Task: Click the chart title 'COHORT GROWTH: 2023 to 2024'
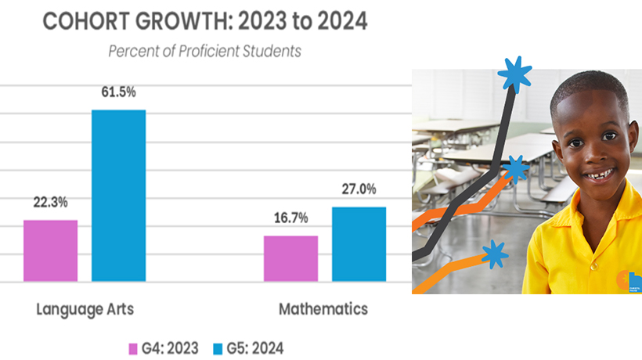point(204,21)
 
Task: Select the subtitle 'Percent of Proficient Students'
point(204,52)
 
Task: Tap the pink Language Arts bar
point(50,250)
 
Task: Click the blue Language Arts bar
point(118,196)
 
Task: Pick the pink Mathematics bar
point(290,258)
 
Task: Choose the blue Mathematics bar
point(359,244)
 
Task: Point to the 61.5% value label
point(118,92)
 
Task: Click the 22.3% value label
point(50,202)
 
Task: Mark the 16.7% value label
point(290,218)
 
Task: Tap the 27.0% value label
point(359,189)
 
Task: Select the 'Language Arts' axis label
point(85,309)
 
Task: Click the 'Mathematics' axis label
point(323,309)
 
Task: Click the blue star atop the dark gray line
point(514,75)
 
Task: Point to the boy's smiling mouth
point(599,175)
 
